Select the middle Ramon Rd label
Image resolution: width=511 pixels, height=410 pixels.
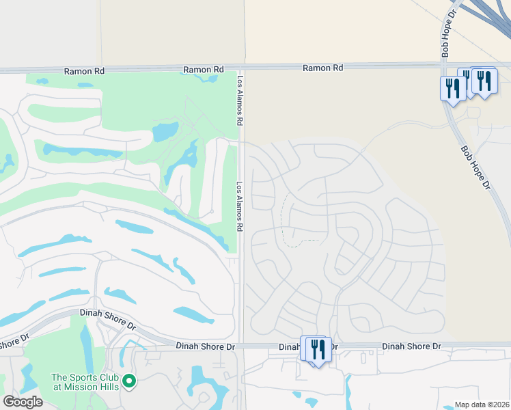pos(204,70)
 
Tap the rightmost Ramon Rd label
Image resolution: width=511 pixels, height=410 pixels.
pos(322,68)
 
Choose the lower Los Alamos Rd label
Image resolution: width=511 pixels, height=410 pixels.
pos(240,206)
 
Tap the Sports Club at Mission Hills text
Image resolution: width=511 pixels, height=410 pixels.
pos(85,382)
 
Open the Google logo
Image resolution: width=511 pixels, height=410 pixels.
pos(23,401)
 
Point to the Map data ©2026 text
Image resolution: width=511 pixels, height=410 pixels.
pos(482,405)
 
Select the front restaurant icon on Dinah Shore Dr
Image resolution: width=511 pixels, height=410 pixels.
pos(319,351)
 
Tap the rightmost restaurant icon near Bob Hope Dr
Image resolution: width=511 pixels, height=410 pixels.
pos(484,81)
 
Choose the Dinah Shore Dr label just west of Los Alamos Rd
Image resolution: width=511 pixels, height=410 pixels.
pos(205,347)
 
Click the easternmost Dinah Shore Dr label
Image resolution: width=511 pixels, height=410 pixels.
pos(411,346)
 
